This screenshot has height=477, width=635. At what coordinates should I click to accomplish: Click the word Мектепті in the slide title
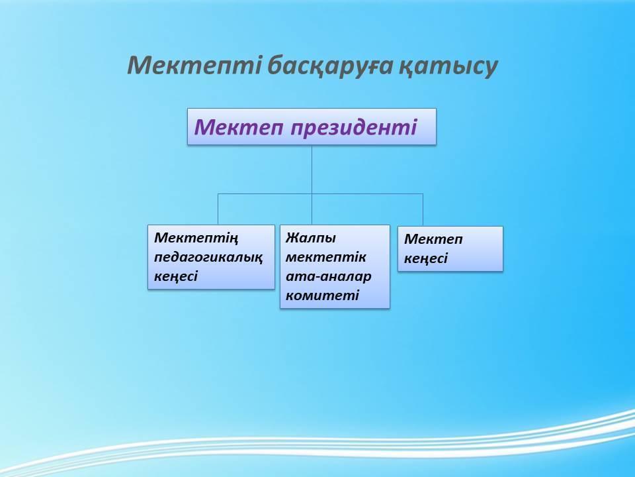pos(195,65)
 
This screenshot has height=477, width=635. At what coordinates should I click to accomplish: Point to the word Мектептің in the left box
pos(196,238)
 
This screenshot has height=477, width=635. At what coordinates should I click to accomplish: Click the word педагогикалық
pos(208,258)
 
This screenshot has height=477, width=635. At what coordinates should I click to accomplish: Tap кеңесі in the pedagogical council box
pos(176,277)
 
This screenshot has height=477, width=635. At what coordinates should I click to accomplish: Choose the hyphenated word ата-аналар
pos(329,276)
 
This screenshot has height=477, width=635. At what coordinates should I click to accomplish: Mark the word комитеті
pos(322,295)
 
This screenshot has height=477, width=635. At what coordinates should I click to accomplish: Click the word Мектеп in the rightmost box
pos(433,239)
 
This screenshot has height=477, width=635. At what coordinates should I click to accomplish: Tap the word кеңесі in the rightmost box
pos(426,259)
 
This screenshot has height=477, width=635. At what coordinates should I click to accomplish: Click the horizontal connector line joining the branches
pos(320,194)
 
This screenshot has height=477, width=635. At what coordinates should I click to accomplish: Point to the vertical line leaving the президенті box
pos(312,169)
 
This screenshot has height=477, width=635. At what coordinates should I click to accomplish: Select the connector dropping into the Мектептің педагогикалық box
pos(218,209)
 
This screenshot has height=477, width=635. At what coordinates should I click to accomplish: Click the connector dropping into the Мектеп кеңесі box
pos(423,210)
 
